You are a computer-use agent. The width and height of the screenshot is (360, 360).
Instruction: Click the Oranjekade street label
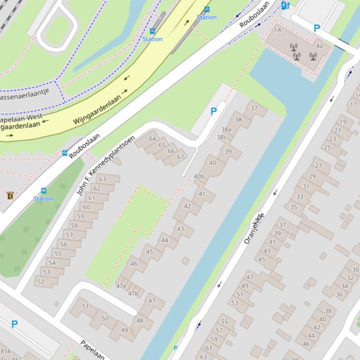point(254,228)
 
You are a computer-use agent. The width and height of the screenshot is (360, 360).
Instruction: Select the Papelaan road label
point(92,349)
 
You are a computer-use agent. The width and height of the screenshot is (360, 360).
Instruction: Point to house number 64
point(152,139)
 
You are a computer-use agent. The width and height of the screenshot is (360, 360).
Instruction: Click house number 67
point(180,157)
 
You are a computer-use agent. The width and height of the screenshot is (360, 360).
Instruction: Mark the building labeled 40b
point(198,176)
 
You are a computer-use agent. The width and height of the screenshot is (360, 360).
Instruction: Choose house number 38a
point(227,130)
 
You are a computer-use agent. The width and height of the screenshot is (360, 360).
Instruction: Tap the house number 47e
point(121,286)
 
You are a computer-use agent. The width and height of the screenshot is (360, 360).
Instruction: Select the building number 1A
point(278,30)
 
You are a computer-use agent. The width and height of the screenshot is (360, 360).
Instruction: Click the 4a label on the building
point(319,46)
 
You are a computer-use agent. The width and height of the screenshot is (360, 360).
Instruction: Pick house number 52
point(41,281)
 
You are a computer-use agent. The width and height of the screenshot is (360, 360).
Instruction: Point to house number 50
point(105,318)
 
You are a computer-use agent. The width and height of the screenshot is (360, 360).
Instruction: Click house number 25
point(327,147)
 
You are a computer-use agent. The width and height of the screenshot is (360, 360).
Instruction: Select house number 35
point(294,207)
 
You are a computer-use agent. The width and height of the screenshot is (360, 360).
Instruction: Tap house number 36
point(339,294)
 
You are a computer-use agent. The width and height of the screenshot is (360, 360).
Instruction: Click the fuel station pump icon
point(285,5)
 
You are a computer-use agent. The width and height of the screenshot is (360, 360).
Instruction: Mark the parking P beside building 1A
point(316,28)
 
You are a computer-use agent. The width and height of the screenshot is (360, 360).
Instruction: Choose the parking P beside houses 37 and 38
point(213,111)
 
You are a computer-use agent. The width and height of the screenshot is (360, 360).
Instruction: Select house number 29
point(312,176)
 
